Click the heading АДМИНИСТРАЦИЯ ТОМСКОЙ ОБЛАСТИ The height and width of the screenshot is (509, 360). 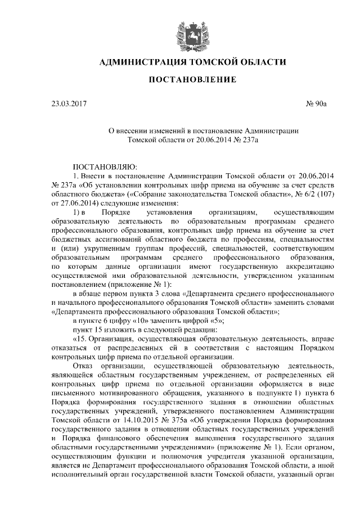coord(192,62)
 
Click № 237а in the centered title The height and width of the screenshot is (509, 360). coord(244,139)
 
